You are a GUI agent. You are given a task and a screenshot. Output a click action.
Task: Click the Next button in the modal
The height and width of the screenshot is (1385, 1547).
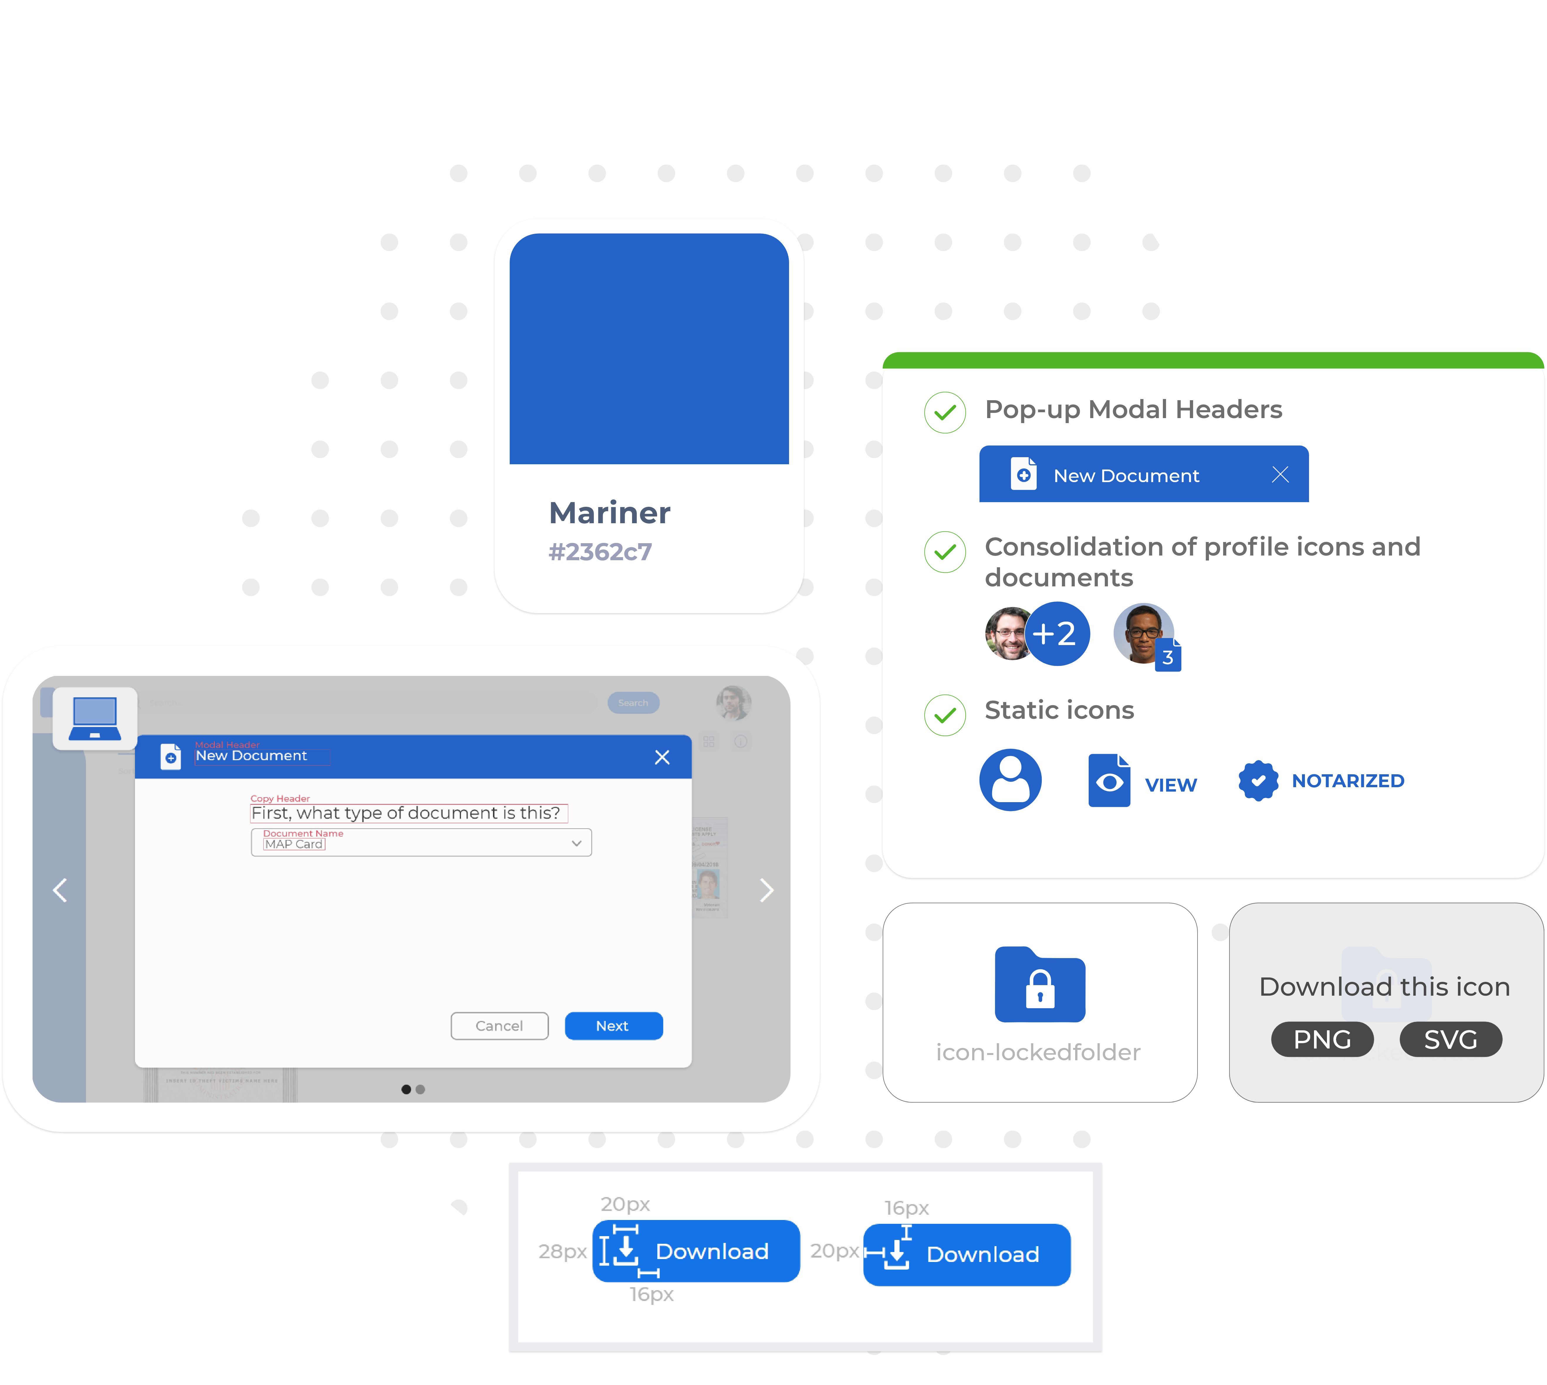[x=613, y=1026]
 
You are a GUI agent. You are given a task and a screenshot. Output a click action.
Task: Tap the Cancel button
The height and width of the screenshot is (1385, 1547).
[x=499, y=1026]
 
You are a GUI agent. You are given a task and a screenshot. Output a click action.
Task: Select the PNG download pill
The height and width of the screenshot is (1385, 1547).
[x=1322, y=1039]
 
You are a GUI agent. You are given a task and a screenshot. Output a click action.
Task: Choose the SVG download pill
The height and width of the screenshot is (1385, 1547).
[x=1450, y=1039]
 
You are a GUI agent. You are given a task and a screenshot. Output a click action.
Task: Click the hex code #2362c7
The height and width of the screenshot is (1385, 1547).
[x=600, y=552]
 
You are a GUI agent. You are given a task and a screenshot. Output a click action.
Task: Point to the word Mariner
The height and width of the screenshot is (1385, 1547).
[x=609, y=513]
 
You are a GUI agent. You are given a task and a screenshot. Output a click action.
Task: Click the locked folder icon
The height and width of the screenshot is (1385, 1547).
[x=1040, y=985]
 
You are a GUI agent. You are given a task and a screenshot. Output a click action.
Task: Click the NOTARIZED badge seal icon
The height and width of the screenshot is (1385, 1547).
[x=1258, y=781]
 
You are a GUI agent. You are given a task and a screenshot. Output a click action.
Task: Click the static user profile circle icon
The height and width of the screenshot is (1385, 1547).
[x=1010, y=780]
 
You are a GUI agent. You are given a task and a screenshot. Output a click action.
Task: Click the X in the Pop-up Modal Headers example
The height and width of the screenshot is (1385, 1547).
[x=1280, y=475]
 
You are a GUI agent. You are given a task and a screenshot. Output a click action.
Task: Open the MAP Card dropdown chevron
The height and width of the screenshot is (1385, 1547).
[x=577, y=843]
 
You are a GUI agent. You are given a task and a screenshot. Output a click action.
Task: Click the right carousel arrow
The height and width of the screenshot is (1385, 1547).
[x=767, y=890]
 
